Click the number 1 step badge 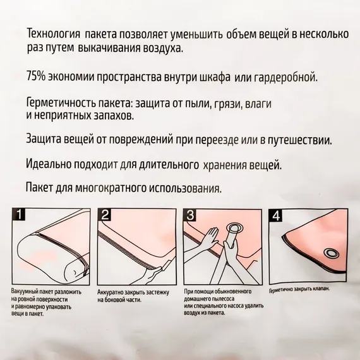[19, 214]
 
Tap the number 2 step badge [105, 215]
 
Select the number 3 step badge [190, 215]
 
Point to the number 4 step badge [276, 215]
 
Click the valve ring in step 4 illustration [331, 253]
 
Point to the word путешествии [300, 140]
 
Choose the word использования [185, 188]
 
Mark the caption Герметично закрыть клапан [299, 289]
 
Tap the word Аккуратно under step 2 [110, 292]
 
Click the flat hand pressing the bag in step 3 [210, 239]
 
